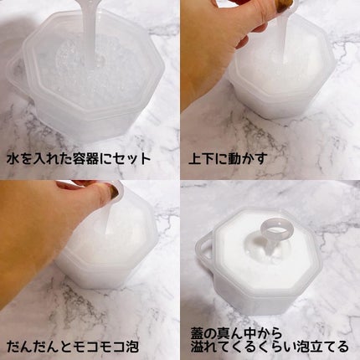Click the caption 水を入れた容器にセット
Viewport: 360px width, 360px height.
tap(79, 159)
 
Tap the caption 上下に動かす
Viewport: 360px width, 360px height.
tap(229, 159)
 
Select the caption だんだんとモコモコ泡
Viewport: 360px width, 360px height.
tap(73, 347)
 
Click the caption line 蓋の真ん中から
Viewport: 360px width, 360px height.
tap(236, 333)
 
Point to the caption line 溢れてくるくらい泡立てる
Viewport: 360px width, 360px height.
tap(270, 347)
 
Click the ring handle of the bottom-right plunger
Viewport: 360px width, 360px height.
tap(275, 228)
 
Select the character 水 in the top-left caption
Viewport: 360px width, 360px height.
tap(13, 159)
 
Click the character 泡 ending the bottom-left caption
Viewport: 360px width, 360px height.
tap(131, 347)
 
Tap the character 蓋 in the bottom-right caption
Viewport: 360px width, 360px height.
tap(198, 333)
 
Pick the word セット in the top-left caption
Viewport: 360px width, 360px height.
tap(131, 159)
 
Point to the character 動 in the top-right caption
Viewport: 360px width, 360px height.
tap(228, 159)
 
